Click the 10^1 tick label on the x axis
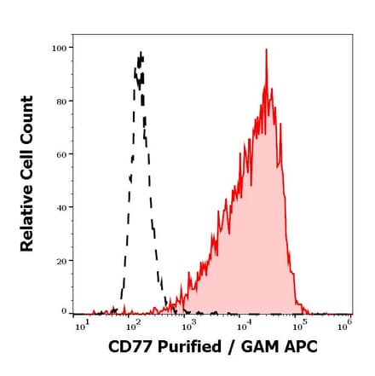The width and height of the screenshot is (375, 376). (x=81, y=327)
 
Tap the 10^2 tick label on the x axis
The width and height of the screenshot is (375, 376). (x=134, y=327)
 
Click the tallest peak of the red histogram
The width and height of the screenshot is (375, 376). (x=266, y=50)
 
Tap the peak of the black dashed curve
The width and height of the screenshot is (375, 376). (x=140, y=54)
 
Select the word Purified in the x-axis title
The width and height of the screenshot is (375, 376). (x=193, y=348)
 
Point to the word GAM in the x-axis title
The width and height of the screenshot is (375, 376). (x=259, y=348)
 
